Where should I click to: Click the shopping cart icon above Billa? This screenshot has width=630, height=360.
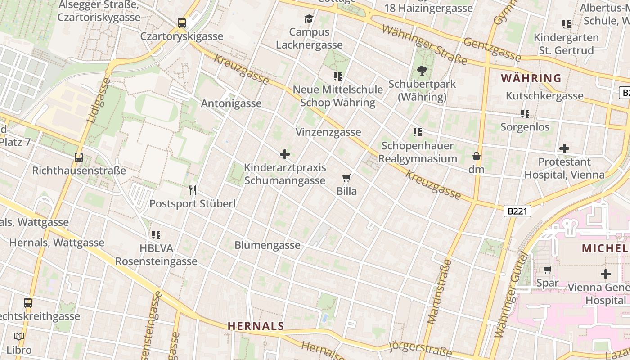[x=346, y=178]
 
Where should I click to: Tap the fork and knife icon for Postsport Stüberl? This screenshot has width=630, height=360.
[x=193, y=190]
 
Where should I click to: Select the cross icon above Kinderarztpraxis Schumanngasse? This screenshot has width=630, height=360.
[x=285, y=154]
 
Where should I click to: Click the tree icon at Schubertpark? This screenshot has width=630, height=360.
[x=422, y=70]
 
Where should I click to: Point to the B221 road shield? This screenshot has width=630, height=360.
[x=517, y=211]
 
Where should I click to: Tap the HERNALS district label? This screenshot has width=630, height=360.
[x=256, y=326]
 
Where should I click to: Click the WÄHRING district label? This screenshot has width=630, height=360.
[x=531, y=78]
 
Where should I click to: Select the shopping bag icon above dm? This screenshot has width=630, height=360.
[x=477, y=156]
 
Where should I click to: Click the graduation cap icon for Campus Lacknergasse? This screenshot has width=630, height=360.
[x=309, y=18]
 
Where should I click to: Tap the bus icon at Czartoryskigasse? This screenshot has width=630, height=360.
[x=182, y=22]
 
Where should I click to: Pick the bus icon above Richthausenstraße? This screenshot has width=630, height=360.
[x=79, y=157]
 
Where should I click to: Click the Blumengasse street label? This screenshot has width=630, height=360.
[x=267, y=245]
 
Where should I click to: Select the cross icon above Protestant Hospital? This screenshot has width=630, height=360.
[x=564, y=148]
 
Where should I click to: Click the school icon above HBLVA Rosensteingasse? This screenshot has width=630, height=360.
[x=156, y=234]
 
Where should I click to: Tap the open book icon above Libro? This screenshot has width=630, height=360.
[x=19, y=336]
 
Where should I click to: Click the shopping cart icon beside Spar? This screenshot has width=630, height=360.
[x=547, y=270]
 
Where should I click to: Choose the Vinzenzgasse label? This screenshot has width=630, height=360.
[x=328, y=132]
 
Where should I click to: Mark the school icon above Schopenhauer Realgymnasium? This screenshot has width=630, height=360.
[x=418, y=132]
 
